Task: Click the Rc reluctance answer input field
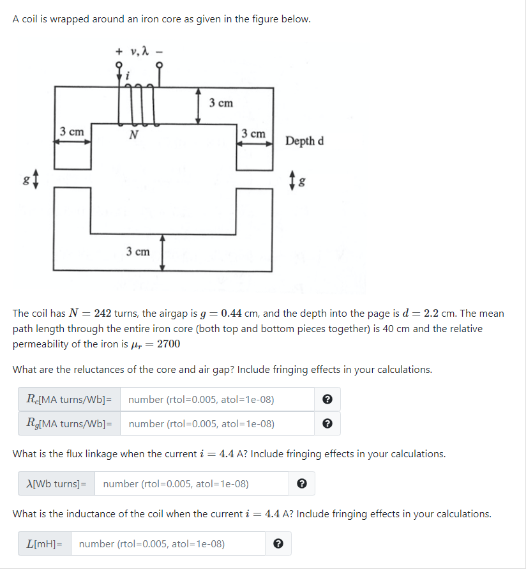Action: [217, 400]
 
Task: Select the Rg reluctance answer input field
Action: [217, 423]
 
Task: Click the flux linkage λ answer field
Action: [192, 483]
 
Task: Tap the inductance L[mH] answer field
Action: [168, 543]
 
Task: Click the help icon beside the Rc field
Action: [327, 400]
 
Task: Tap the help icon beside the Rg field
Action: [327, 423]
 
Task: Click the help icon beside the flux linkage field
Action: [302, 483]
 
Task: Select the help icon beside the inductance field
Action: [278, 543]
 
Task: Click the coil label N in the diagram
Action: [133, 135]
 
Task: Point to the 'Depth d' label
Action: [304, 140]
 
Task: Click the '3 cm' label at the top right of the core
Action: [222, 103]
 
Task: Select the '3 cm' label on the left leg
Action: [71, 132]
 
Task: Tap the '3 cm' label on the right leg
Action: [253, 133]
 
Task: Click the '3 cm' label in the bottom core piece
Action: [138, 252]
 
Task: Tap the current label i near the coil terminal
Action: [128, 75]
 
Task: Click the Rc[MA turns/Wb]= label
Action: [70, 400]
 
